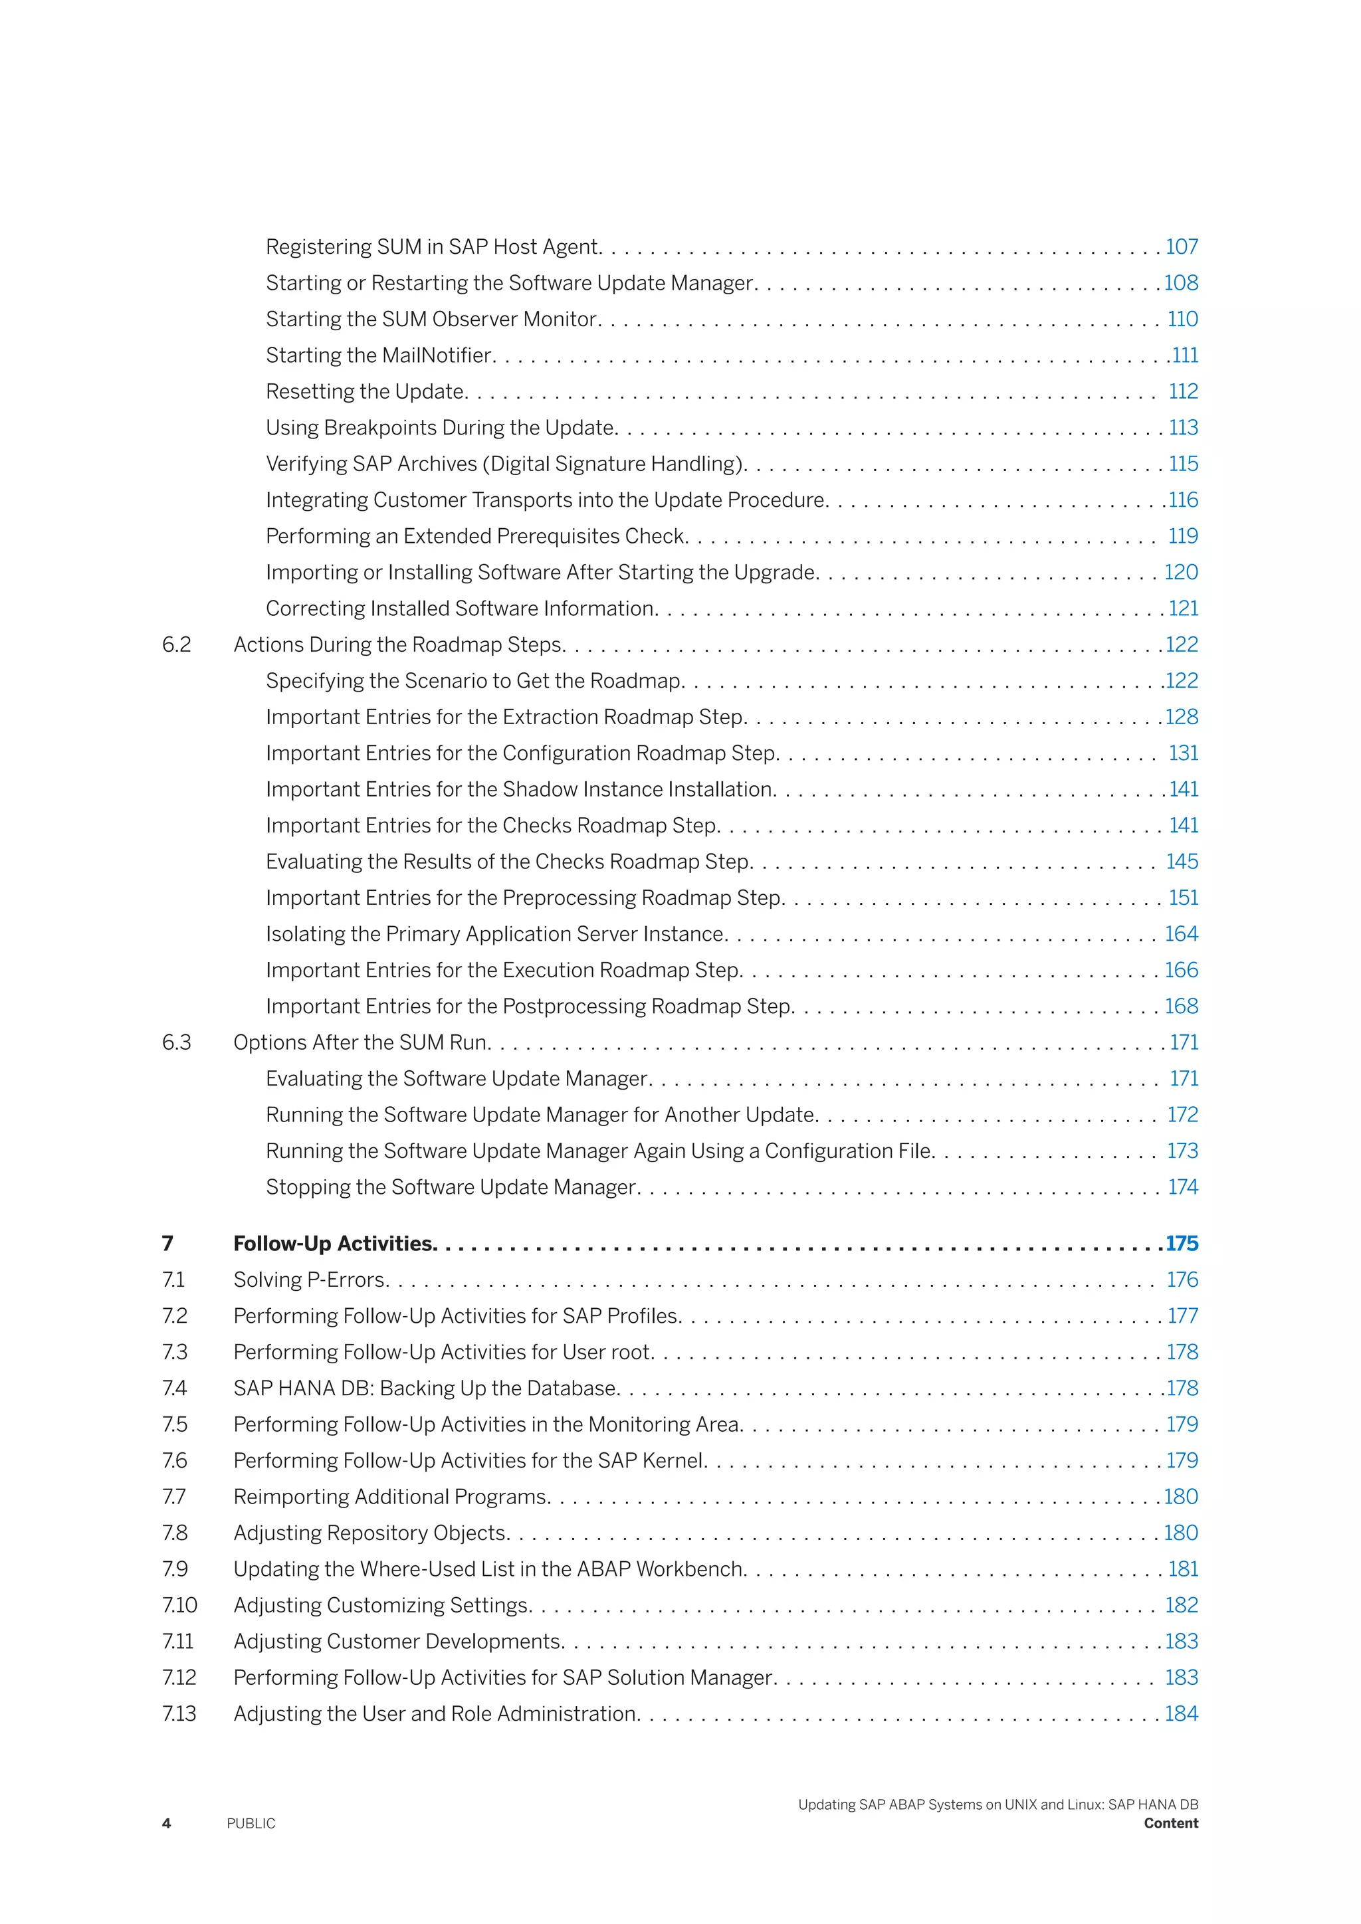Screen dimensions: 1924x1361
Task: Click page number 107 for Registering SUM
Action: (1182, 247)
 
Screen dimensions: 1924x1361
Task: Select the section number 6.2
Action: (177, 645)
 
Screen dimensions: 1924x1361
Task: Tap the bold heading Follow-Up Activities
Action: (334, 1244)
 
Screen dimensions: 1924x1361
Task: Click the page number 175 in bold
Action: (1182, 1244)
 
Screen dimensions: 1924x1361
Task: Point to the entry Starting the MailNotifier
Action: (379, 355)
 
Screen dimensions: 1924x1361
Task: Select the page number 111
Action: (1185, 355)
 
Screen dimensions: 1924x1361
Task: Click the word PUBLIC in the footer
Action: (251, 1824)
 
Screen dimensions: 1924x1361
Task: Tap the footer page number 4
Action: (166, 1824)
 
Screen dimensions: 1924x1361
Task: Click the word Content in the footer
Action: (1171, 1824)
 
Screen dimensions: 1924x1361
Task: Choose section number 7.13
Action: (179, 1713)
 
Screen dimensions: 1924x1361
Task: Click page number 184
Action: (1182, 1713)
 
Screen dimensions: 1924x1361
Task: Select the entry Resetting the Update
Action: (366, 391)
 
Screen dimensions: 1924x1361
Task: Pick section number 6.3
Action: (177, 1042)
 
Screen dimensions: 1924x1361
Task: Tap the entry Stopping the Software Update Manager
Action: (453, 1187)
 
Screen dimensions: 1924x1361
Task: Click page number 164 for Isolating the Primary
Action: (1182, 934)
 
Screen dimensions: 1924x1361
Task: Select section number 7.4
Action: (174, 1389)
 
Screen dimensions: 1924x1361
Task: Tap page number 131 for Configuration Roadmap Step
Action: (1184, 753)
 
